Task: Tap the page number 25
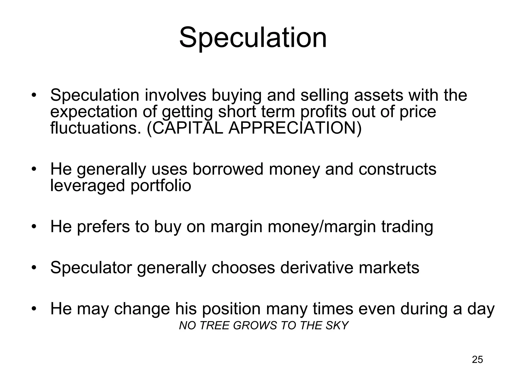(477, 359)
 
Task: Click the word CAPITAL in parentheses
(187, 128)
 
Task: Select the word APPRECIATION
(292, 128)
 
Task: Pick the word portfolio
(161, 186)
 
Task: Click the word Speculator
(91, 267)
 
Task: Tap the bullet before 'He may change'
(34, 309)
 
